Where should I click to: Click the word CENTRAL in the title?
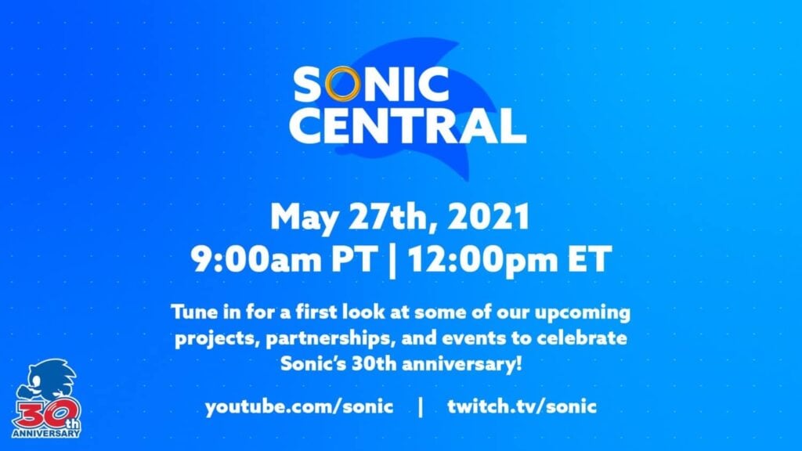click(x=406, y=126)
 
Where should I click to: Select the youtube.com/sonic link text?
click(x=298, y=408)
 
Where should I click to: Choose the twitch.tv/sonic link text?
click(x=522, y=407)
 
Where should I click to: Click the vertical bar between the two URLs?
click(x=421, y=407)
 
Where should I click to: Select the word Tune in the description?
click(x=193, y=314)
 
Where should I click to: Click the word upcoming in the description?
click(x=581, y=314)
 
